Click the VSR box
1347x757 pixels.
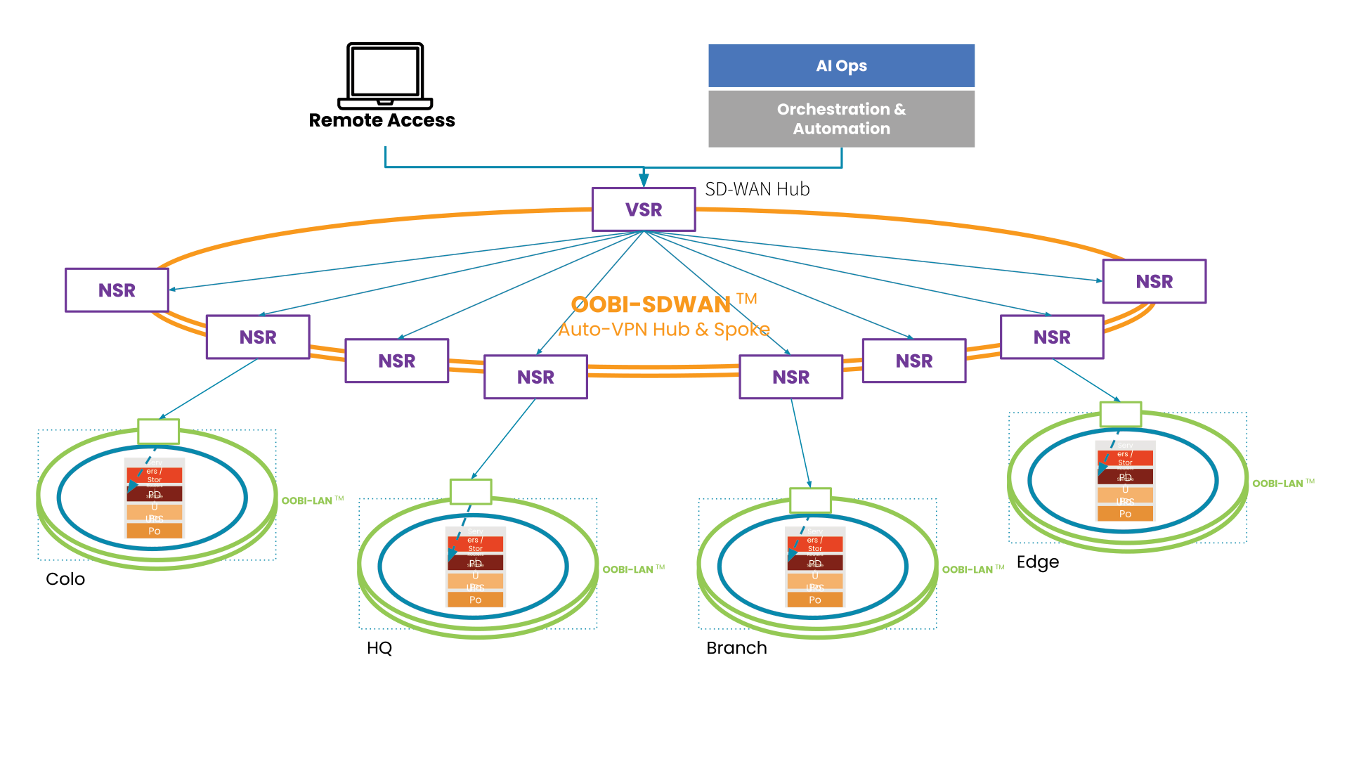[644, 209]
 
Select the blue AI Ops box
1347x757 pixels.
[841, 65]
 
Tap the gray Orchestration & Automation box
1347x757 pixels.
[841, 119]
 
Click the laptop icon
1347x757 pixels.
[386, 76]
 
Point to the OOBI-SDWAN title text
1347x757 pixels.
[651, 304]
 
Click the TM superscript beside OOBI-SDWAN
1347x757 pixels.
[747, 298]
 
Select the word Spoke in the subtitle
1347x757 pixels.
[742, 330]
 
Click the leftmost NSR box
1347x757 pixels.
[117, 290]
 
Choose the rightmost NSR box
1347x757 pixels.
[1154, 281]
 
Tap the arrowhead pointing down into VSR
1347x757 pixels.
[644, 180]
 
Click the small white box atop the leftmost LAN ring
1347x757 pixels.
[159, 431]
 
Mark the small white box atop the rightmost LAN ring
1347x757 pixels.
[1121, 414]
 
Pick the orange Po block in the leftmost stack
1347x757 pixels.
[155, 531]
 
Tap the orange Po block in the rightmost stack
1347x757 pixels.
[1125, 514]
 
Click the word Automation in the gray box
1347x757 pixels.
[841, 129]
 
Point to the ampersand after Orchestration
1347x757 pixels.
[900, 109]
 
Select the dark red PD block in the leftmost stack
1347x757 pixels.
[155, 494]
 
